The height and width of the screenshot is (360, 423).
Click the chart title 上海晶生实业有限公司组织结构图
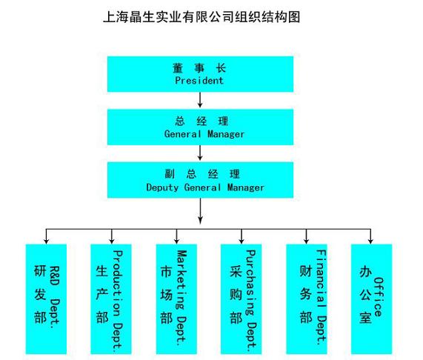click(201, 17)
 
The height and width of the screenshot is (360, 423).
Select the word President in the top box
click(199, 80)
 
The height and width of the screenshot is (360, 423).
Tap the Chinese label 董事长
click(199, 68)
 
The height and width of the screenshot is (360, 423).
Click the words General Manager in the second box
click(204, 134)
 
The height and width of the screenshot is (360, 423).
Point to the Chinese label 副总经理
click(202, 174)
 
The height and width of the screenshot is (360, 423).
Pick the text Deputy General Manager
click(205, 187)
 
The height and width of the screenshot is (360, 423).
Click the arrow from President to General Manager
click(200, 100)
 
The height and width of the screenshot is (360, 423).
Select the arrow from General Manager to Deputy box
click(200, 153)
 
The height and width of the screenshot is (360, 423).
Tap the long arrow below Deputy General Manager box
click(200, 211)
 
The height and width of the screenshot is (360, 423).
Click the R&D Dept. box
click(46, 299)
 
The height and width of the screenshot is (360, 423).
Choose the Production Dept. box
click(111, 299)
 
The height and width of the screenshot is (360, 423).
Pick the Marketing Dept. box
click(176, 299)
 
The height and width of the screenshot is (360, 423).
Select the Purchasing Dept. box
click(241, 299)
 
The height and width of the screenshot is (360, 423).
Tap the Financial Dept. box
click(307, 299)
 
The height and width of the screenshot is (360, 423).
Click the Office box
click(371, 299)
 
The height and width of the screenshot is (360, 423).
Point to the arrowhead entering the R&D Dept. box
click(47, 241)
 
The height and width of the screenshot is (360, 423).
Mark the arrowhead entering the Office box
click(370, 241)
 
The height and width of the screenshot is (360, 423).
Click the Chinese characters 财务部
click(306, 294)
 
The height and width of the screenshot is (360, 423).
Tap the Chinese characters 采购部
click(236, 295)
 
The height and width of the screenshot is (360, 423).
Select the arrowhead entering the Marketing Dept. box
click(176, 241)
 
